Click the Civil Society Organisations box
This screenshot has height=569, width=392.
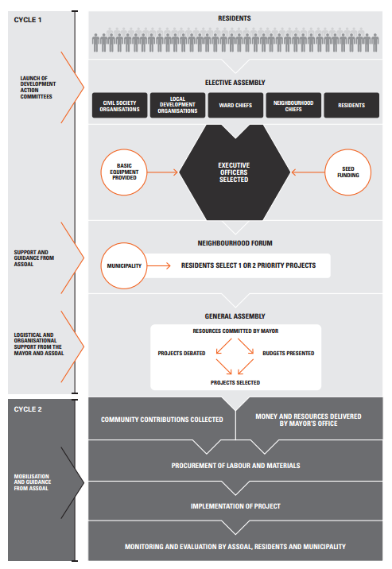tap(120, 105)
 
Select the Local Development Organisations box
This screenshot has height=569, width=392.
tap(177, 105)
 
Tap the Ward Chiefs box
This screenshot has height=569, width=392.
tap(235, 105)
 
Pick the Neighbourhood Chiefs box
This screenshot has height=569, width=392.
tap(293, 105)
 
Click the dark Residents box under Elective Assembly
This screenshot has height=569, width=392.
tap(351, 105)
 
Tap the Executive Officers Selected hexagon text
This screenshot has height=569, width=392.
tap(234, 172)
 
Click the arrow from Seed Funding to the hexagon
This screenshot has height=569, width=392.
tap(309, 172)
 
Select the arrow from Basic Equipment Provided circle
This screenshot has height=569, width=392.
tap(163, 172)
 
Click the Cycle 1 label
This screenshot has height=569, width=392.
tap(28, 20)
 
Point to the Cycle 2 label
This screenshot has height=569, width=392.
tap(28, 409)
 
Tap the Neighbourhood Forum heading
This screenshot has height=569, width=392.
tap(235, 243)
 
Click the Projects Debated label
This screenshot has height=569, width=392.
tap(181, 353)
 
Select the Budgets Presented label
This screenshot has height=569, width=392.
tap(289, 353)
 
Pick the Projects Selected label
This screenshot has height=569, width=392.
tap(235, 382)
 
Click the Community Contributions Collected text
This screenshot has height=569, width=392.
tap(162, 420)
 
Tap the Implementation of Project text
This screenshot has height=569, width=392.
tap(235, 506)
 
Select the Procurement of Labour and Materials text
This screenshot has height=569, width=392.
tap(235, 466)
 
